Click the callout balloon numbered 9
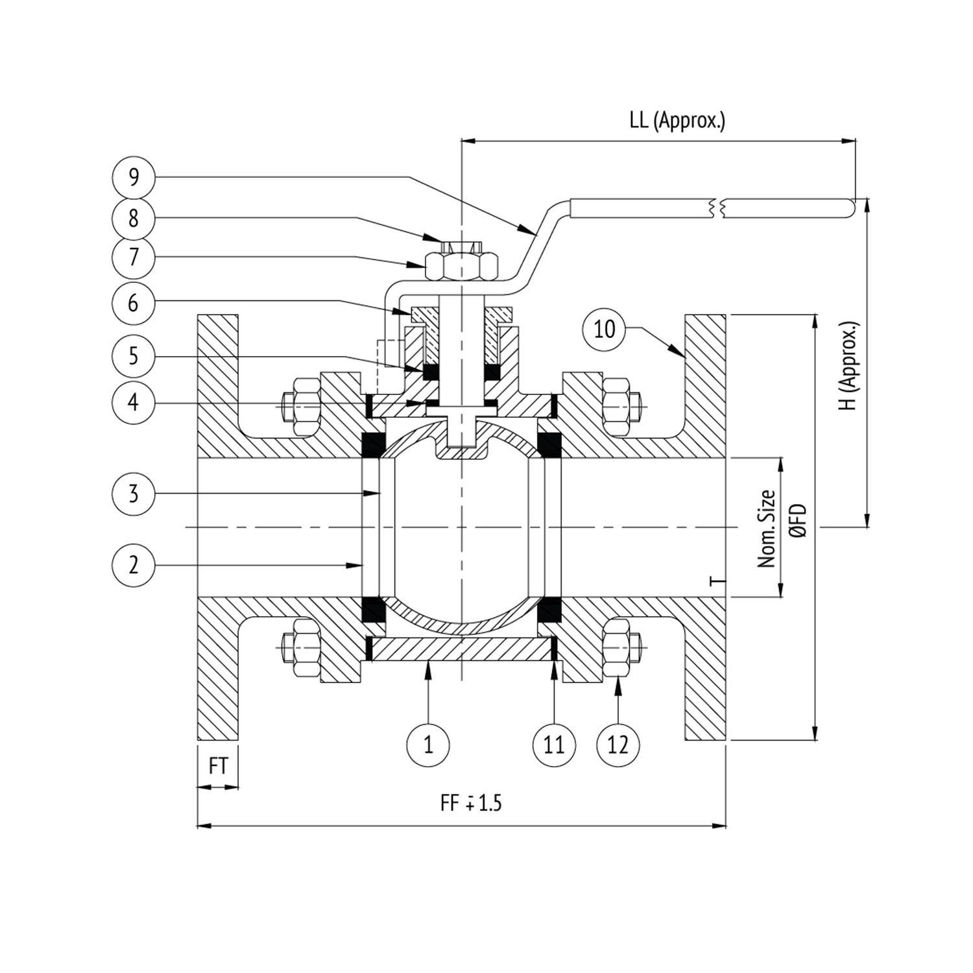point(134,176)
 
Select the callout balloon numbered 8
point(134,218)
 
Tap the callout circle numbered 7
point(134,258)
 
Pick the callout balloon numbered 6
point(134,302)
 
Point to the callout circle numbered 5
point(134,355)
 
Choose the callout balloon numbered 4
point(134,402)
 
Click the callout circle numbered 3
point(134,494)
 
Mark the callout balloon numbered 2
point(134,565)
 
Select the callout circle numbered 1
point(428,745)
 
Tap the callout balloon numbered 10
point(604,329)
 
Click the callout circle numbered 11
point(554,745)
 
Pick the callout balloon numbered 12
point(618,745)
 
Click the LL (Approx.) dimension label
point(677,121)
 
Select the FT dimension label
point(218,766)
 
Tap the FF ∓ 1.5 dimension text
point(471,803)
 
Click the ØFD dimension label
point(799,521)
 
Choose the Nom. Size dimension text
point(767,529)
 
